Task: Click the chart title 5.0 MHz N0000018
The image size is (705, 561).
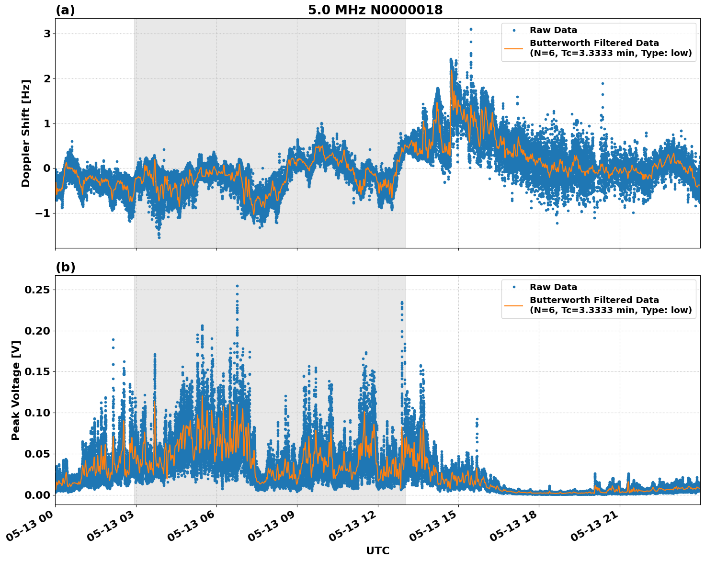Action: coord(375,10)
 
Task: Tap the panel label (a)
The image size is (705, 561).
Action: coord(65,10)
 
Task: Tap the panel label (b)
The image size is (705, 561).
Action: coord(66,267)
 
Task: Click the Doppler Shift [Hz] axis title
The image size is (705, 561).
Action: coord(26,133)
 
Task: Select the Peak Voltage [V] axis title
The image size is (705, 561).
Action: coord(16,390)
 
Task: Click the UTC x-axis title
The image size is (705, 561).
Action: coord(377,550)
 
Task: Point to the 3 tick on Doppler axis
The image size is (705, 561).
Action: coord(47,34)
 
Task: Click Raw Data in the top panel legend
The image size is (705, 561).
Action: coord(553,31)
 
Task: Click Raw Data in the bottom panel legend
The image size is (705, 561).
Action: coord(553,287)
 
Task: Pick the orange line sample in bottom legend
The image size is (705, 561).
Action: coord(513,305)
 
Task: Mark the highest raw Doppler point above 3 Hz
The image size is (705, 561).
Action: coord(471,29)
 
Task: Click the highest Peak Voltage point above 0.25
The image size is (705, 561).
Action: coord(237,286)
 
